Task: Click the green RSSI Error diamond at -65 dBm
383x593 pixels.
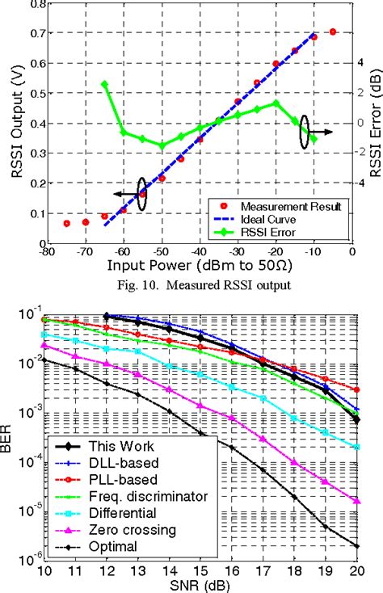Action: coord(104,84)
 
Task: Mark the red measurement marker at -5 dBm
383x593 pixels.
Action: coord(333,32)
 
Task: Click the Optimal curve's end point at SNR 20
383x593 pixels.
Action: coord(356,546)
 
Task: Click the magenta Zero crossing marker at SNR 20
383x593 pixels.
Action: coord(356,501)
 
